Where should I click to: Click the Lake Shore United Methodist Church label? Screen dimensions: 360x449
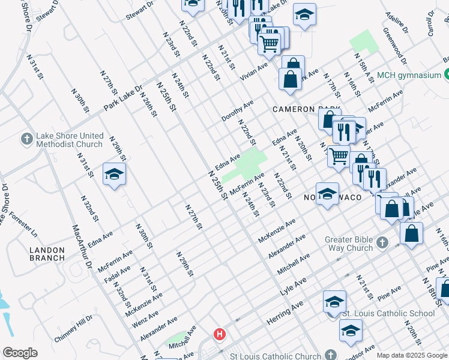[68, 140]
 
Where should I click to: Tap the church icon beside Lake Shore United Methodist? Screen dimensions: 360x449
[26, 140]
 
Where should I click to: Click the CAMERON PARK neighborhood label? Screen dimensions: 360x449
[301, 109]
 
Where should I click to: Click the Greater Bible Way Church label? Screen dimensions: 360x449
[349, 244]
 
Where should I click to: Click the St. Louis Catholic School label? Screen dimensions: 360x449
[388, 313]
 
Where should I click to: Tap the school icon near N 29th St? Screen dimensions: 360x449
[113, 174]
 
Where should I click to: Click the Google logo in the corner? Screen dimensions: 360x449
[20, 353]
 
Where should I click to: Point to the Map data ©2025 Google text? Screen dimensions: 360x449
[412, 355]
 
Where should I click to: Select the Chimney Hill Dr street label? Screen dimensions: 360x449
[74, 329]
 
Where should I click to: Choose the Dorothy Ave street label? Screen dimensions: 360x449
[238, 109]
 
